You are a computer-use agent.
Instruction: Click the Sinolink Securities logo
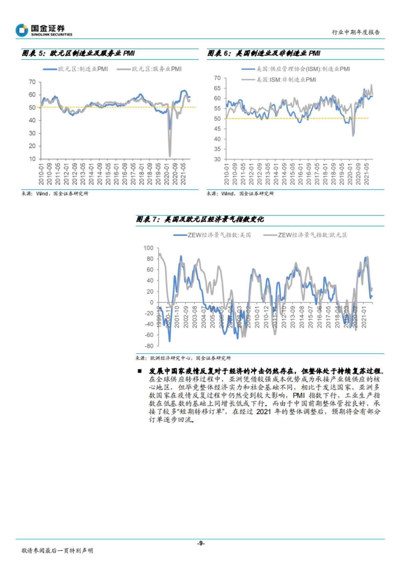click(x=43, y=30)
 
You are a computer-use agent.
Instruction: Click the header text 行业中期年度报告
click(x=356, y=32)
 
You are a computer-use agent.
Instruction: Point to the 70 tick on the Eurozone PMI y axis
click(x=32, y=82)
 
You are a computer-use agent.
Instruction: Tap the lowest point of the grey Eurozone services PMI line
click(x=170, y=156)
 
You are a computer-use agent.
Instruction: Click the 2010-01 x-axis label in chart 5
click(x=41, y=174)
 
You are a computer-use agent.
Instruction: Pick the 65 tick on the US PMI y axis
click(x=217, y=88)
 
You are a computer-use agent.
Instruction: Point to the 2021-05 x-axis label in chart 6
click(x=367, y=174)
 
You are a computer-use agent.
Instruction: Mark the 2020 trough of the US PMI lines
click(x=353, y=135)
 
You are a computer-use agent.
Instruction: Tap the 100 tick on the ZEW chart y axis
click(x=148, y=248)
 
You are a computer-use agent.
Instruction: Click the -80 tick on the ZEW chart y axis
click(x=149, y=346)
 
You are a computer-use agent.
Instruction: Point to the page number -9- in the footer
click(x=200, y=543)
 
